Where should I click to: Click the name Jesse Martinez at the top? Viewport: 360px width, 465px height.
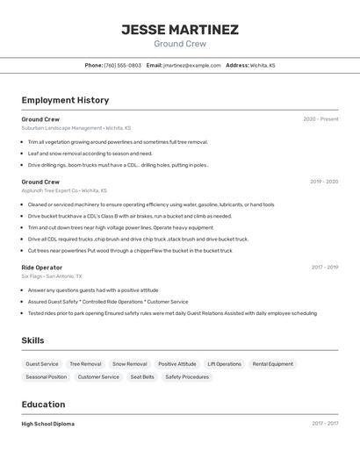[179, 29]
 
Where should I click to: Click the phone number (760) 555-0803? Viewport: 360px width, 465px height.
[122, 65]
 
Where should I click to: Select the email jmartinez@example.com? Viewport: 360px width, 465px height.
[191, 65]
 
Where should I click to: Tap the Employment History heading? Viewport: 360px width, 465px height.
[65, 100]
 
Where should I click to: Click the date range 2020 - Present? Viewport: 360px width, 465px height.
[320, 119]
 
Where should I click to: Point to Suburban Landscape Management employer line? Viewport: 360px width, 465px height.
[76, 128]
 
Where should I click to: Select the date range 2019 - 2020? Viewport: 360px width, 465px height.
[323, 182]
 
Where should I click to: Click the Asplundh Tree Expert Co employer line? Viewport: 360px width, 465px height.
[63, 190]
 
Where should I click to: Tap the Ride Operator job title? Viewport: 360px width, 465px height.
[42, 267]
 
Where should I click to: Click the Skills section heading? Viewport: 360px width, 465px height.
[32, 340]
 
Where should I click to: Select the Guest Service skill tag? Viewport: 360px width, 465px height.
[42, 364]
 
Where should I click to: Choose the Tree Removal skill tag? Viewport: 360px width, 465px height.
[85, 364]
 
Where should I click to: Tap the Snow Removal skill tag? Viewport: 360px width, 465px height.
[130, 364]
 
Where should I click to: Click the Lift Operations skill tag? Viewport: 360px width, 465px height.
[224, 364]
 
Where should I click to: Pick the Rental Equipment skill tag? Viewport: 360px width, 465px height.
[272, 364]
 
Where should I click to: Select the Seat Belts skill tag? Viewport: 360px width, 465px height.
[142, 377]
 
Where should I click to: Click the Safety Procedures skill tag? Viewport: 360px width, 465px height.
[187, 377]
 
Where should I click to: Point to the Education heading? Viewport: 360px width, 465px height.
[43, 404]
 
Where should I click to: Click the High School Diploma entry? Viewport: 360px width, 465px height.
[47, 424]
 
